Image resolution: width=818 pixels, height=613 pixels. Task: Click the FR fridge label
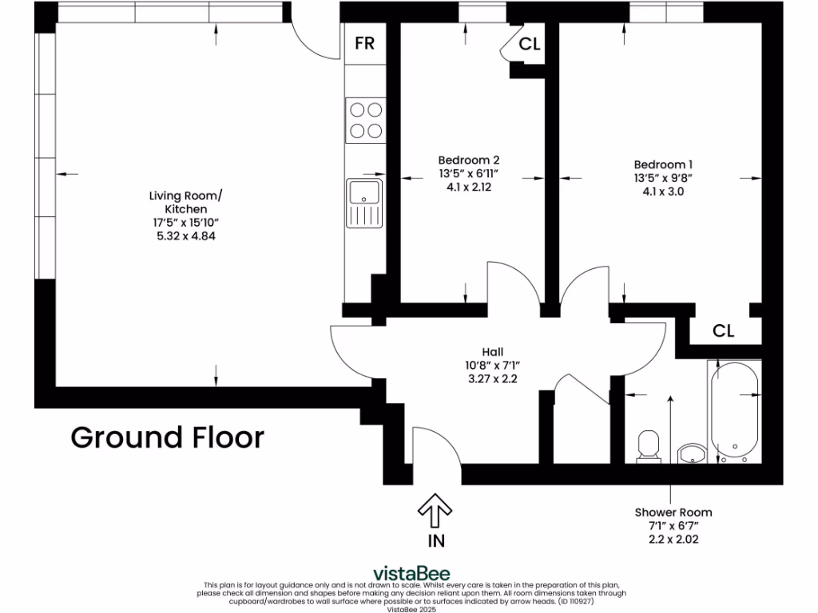coord(364,43)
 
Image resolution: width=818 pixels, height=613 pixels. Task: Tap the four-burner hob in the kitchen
coord(364,120)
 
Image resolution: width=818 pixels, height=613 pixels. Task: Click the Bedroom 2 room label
coord(469,160)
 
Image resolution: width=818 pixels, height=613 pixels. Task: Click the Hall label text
coord(492,351)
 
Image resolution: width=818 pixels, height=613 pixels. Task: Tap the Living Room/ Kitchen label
coord(182,202)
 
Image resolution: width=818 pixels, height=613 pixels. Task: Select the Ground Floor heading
coord(167,437)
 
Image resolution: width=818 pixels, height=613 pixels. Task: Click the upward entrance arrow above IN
coord(435,511)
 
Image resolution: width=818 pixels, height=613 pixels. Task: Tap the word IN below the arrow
coord(436,540)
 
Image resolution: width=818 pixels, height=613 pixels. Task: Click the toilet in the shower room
coord(647,447)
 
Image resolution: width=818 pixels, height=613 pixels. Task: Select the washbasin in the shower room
coord(691,454)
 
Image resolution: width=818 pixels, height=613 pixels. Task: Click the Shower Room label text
coord(673,512)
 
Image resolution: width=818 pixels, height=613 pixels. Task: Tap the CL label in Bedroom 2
coord(530,45)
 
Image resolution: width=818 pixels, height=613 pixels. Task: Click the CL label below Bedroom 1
coord(723,330)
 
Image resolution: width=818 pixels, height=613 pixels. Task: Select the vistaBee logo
coord(411,573)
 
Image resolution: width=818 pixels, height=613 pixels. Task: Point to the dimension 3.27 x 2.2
coord(492,379)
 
